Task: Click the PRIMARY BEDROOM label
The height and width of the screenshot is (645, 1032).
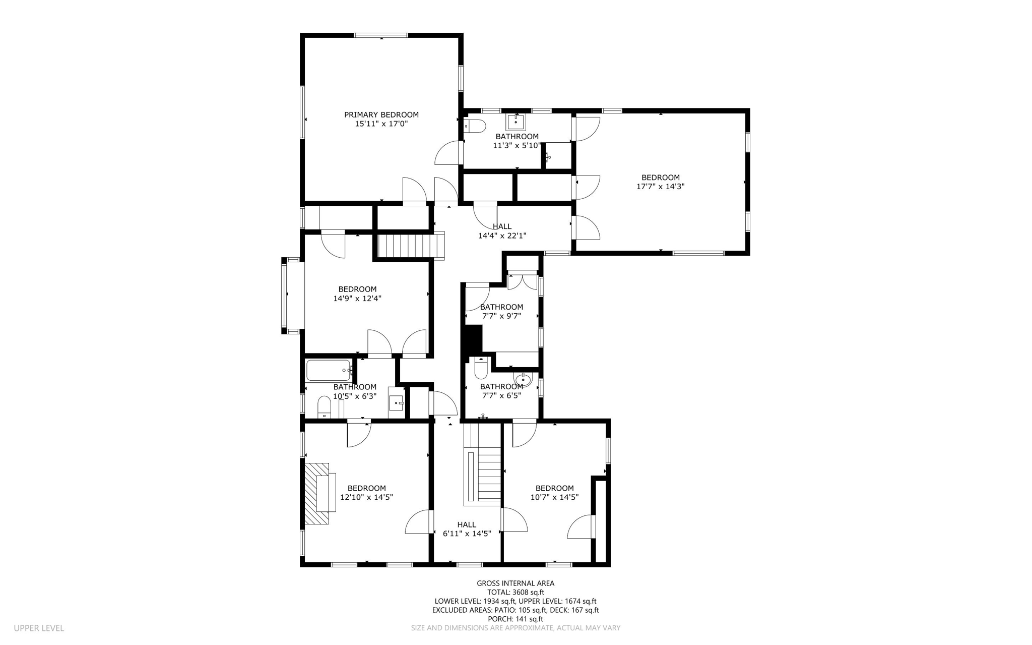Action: [x=381, y=115]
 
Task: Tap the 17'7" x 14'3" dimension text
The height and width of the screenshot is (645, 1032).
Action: [x=660, y=187]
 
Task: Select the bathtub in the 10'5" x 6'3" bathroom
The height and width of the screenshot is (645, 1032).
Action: [x=329, y=370]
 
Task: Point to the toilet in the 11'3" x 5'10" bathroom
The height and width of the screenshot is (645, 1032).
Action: [x=475, y=126]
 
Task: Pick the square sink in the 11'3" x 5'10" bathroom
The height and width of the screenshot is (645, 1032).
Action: [x=515, y=122]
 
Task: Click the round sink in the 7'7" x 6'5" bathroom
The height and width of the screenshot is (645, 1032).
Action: [x=523, y=379]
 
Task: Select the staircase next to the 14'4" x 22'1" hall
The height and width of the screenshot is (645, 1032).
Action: [x=410, y=246]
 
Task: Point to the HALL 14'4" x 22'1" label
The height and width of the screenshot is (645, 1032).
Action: [x=502, y=231]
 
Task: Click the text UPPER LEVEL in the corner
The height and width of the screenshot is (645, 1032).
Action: [x=39, y=628]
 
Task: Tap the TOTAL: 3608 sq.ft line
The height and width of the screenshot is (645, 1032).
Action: [x=515, y=593]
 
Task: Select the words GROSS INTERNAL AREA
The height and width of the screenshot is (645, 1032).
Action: [x=515, y=583]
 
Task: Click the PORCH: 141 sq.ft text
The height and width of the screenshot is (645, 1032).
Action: [x=515, y=619]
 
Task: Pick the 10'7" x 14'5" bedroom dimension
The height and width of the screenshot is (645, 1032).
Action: [x=554, y=497]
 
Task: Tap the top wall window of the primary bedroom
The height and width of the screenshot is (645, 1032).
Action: [x=380, y=35]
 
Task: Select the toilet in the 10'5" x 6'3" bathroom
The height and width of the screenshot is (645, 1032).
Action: [x=324, y=406]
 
